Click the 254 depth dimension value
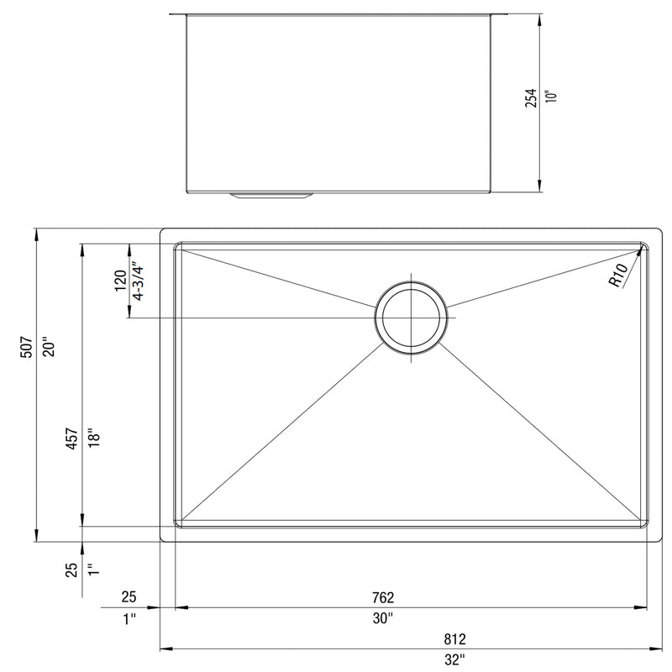coord(531,97)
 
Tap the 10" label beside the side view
coord(552,96)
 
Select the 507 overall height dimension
coord(26,347)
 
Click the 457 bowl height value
coord(71,438)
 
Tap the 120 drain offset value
coord(121,281)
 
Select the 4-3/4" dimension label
coord(138,281)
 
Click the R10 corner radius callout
coord(617,275)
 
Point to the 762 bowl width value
coord(383,597)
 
